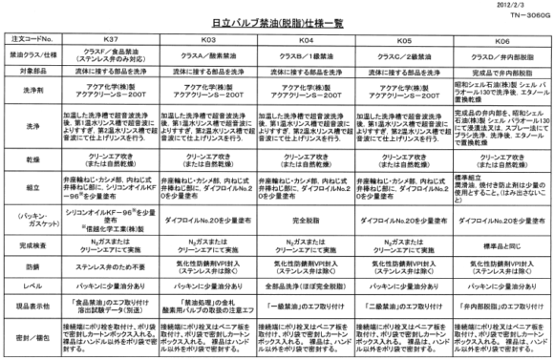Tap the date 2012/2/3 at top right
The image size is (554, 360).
(528, 6)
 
